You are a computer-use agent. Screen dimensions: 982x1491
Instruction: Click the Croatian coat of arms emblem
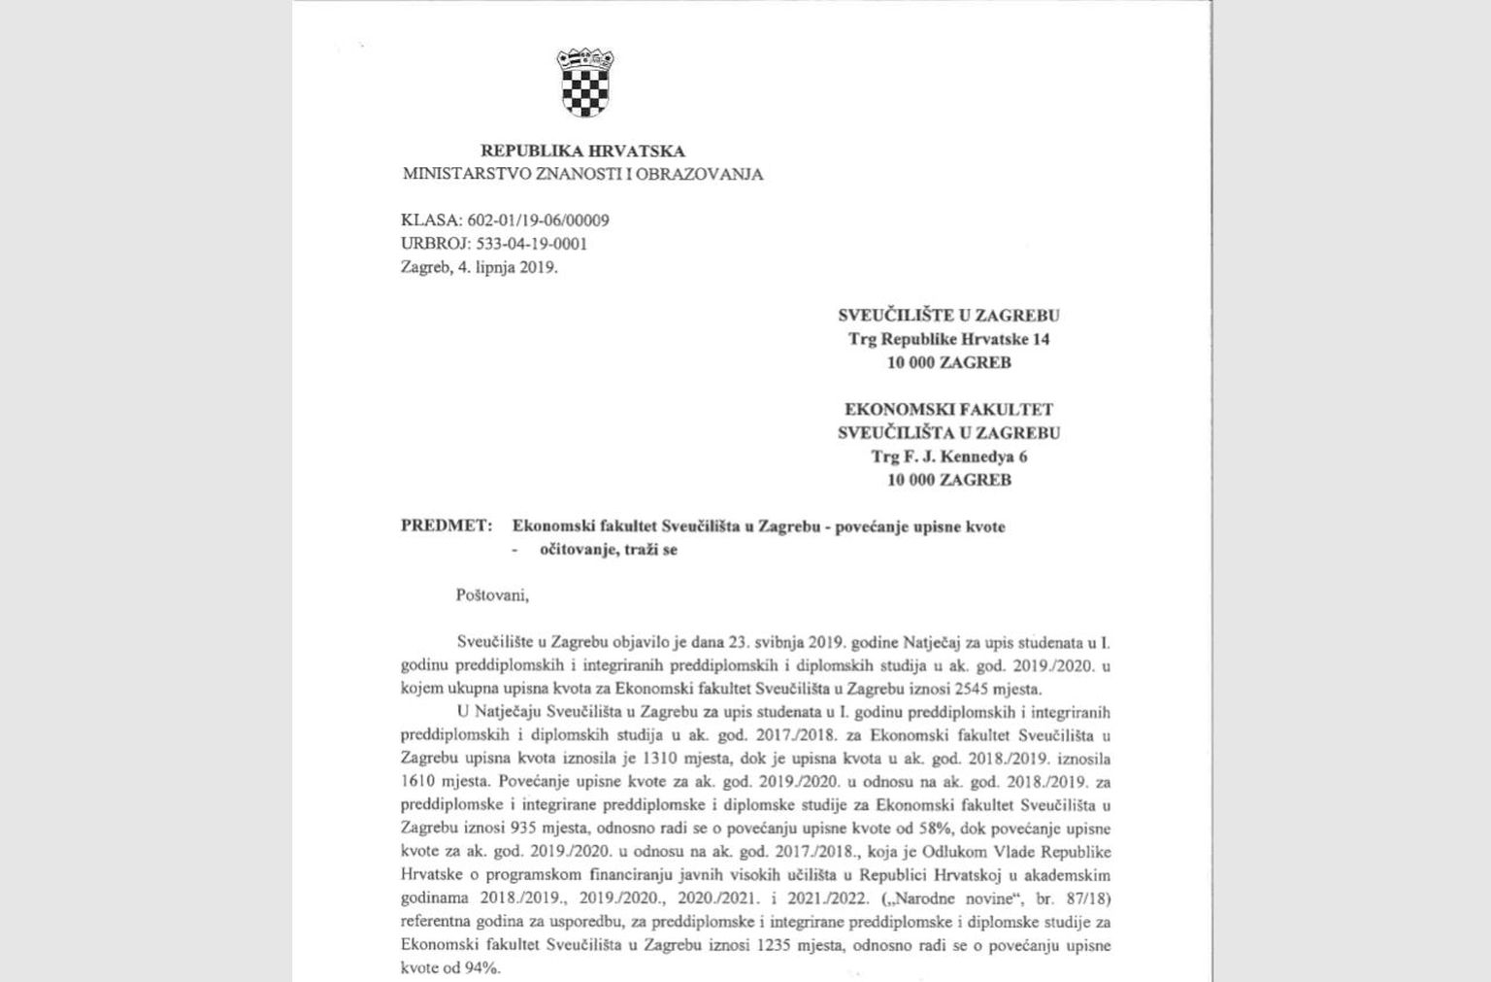coord(585,84)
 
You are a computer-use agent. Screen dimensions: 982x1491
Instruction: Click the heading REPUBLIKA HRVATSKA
coord(582,151)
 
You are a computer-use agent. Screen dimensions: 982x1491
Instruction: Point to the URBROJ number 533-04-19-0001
coord(531,244)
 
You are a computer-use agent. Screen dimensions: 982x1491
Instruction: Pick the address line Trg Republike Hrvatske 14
coord(948,339)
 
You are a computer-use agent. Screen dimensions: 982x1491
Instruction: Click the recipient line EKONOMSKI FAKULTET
coord(948,410)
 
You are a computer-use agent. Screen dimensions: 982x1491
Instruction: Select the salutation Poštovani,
coord(492,595)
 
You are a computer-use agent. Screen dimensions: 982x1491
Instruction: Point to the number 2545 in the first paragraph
coord(972,690)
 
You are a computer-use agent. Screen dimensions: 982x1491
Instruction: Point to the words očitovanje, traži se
coord(609,550)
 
